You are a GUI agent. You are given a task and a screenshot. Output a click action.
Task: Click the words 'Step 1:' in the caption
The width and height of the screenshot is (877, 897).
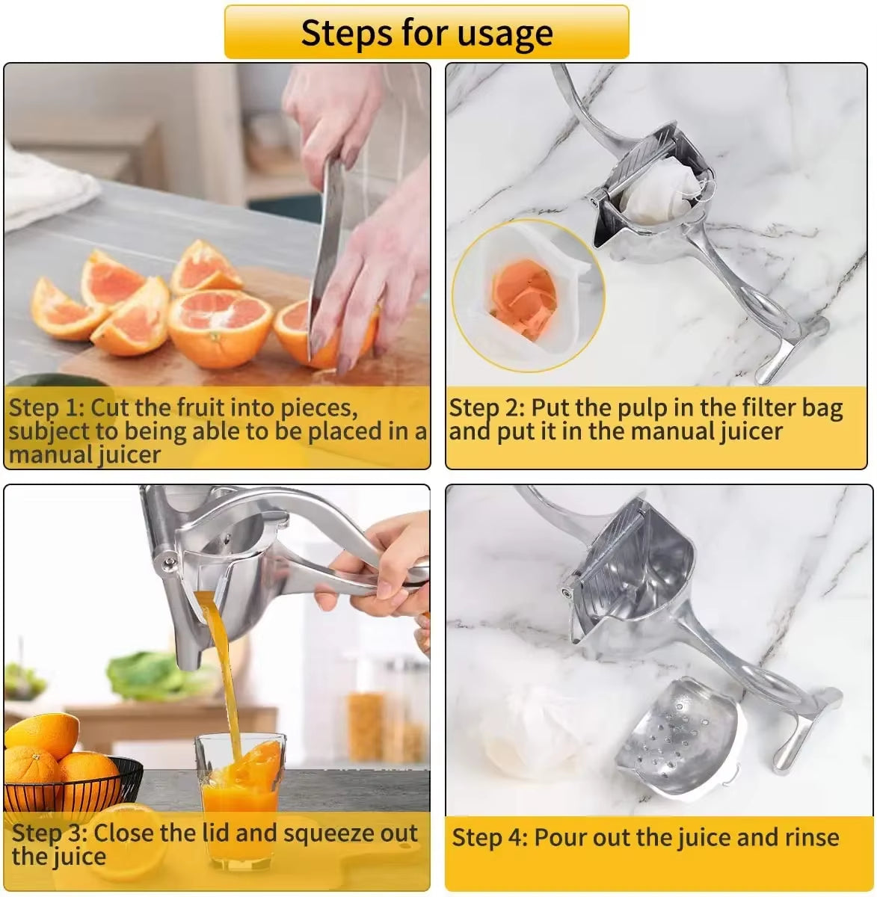pos(46,408)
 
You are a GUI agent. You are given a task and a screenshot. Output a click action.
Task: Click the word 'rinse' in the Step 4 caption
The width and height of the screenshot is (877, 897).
pos(807,837)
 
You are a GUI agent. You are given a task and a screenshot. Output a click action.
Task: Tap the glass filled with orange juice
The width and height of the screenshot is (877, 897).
pos(239,800)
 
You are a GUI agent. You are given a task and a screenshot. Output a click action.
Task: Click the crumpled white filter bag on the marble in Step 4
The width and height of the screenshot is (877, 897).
pos(523,736)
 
